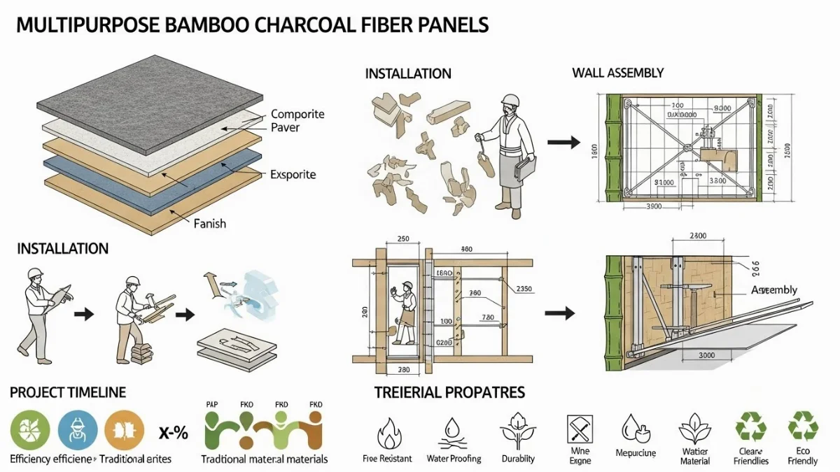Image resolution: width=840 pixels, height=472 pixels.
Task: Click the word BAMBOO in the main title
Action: pos(192,25)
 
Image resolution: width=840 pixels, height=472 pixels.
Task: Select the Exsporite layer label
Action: pos(293,175)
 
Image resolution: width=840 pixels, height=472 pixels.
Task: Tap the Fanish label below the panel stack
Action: pos(210,224)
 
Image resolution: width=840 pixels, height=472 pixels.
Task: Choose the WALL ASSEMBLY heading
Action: pos(617,73)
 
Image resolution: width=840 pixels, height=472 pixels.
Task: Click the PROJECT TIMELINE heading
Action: pos(67,393)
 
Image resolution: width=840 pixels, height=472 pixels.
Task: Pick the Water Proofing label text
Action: pos(454,459)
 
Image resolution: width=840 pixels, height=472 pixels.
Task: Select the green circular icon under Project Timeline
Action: pos(30,429)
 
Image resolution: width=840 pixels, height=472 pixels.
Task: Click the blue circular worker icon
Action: pos(77,429)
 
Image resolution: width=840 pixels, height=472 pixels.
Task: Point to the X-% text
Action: pos(173,433)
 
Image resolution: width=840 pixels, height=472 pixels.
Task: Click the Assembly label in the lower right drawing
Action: pos(773,290)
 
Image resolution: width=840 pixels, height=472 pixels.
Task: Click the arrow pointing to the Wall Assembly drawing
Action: pos(563,143)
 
